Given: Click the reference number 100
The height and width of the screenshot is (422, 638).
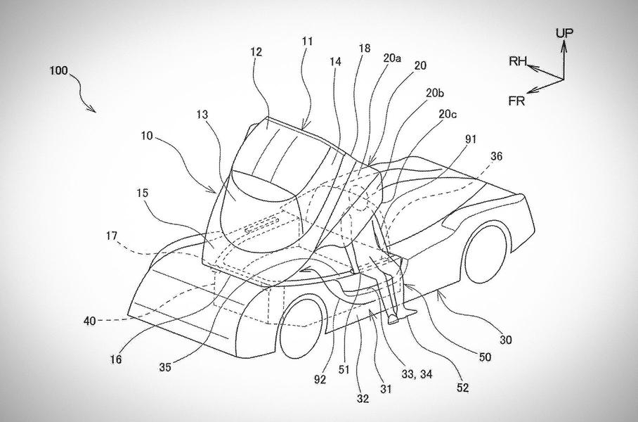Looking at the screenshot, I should [x=60, y=70].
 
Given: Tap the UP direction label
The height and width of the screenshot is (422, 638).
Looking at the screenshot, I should [x=565, y=33].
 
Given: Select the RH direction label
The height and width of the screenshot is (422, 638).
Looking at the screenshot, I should [x=519, y=61].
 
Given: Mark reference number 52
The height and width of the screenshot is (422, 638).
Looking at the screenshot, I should [x=460, y=387].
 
